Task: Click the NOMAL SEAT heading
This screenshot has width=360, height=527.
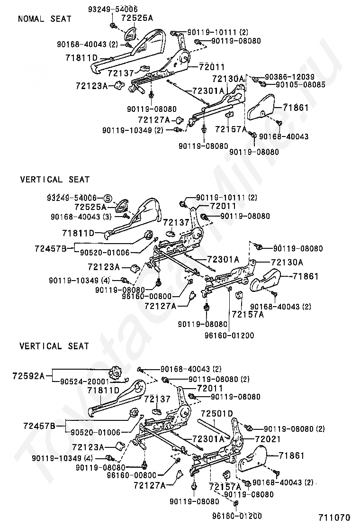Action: [45, 19]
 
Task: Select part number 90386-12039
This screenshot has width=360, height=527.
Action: [289, 77]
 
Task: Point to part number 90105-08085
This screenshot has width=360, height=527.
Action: [300, 84]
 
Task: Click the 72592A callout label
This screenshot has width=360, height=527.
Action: [28, 375]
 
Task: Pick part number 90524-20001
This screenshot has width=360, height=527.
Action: [85, 382]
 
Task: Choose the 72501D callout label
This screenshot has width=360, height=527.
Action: [217, 413]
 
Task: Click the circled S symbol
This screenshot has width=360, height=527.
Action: [107, 198]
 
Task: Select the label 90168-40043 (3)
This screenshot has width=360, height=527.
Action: [81, 217]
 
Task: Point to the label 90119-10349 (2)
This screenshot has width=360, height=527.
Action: [133, 130]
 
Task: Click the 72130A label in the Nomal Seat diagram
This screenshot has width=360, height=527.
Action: [228, 79]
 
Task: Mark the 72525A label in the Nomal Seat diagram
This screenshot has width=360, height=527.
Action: [137, 18]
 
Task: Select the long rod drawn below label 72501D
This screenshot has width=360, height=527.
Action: [214, 427]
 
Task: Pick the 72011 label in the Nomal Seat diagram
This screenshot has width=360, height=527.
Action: [212, 67]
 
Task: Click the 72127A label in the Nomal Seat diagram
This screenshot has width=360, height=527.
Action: [154, 119]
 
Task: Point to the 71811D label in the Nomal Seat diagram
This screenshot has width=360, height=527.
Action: [81, 58]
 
